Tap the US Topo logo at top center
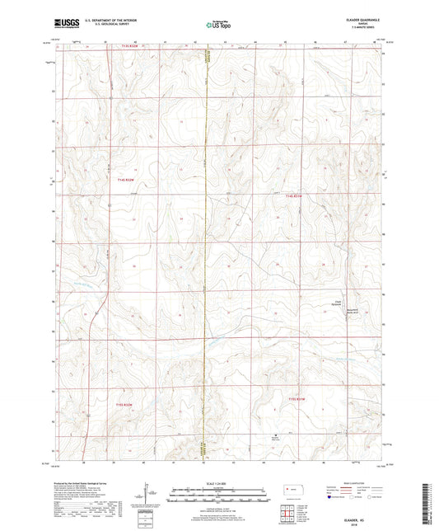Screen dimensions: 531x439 pyautogui.click(x=218, y=26)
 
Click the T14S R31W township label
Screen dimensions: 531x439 pyautogui.click(x=295, y=195)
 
